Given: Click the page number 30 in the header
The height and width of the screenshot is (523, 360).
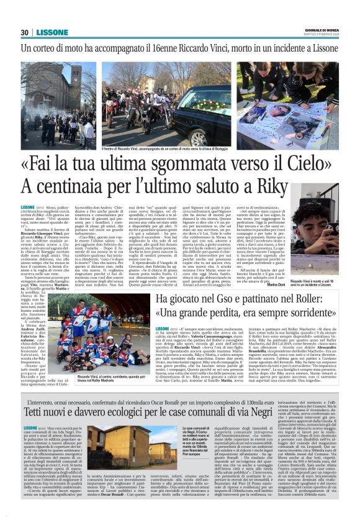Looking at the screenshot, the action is point(25,32).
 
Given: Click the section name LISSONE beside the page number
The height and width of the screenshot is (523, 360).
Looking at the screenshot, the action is point(49,32).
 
